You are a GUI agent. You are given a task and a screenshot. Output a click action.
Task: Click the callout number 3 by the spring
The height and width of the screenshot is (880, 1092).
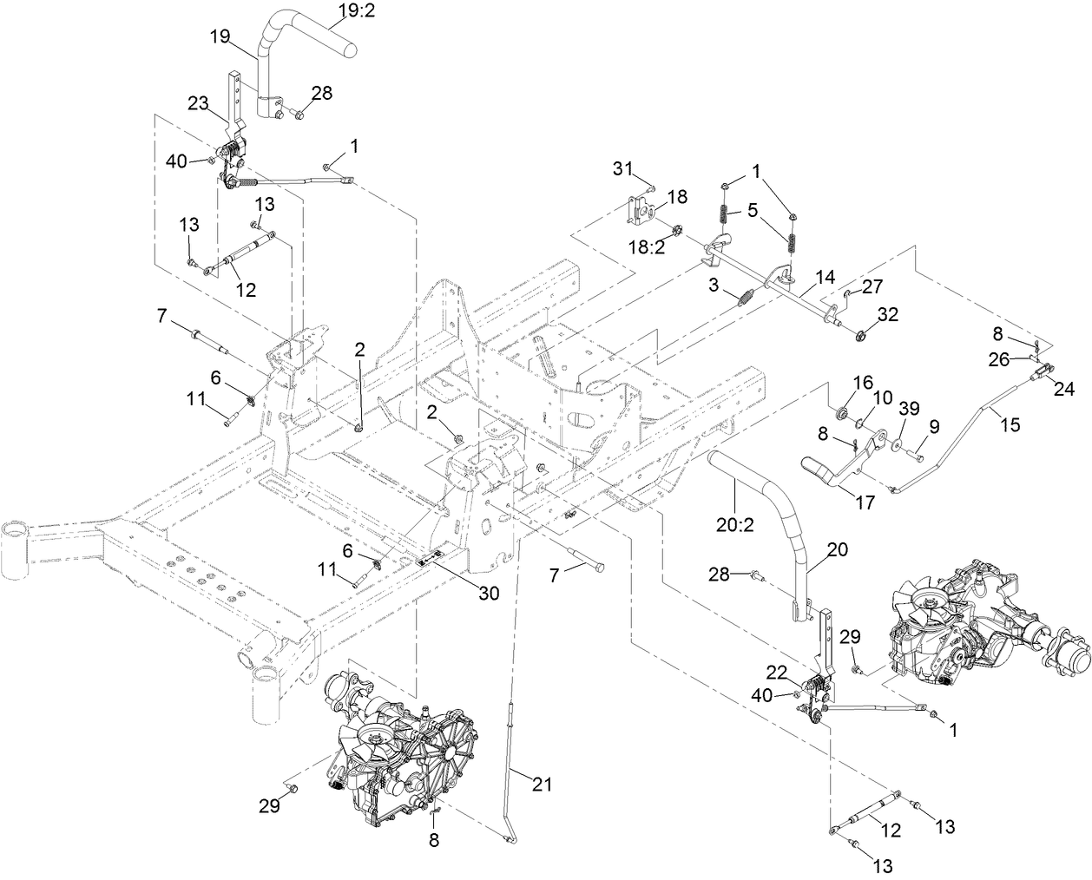(712, 285)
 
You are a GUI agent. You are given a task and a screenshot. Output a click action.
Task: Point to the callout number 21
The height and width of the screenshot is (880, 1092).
(542, 784)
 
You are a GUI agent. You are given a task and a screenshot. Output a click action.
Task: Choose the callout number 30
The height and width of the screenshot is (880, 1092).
(490, 594)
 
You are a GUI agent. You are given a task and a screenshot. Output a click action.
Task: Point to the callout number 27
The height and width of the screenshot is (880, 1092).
(872, 286)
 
